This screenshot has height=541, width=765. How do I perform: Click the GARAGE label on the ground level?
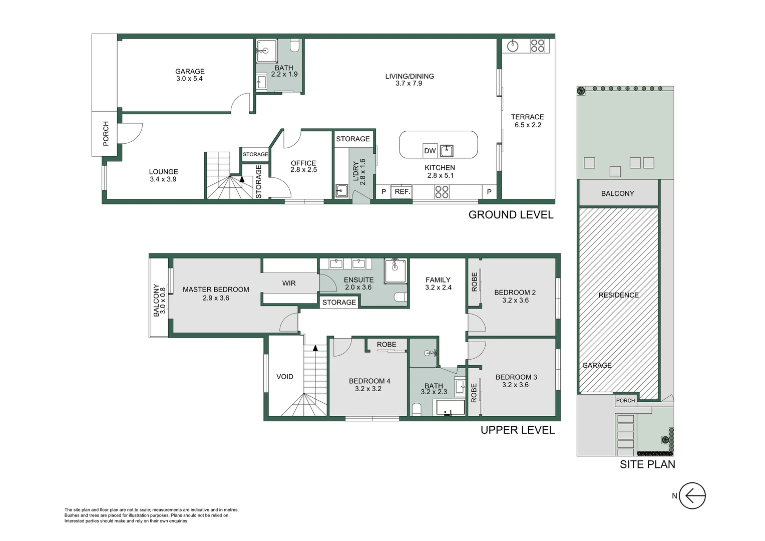[x=190, y=72]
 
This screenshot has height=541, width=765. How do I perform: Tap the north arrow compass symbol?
[x=692, y=496]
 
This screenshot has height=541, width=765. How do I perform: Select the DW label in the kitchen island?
[x=430, y=151]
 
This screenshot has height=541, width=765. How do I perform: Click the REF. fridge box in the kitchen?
[x=402, y=192]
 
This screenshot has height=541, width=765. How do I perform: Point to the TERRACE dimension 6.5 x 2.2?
[x=528, y=125]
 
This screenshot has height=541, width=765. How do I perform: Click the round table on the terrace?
[x=513, y=46]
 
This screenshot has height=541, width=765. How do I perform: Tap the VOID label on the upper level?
[x=285, y=377]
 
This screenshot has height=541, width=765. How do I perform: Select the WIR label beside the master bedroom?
[x=289, y=283]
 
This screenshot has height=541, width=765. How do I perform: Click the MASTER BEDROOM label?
[x=216, y=290]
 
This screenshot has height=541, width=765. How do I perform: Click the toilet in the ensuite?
[x=401, y=297]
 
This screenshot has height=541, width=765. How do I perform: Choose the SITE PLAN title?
[x=647, y=464]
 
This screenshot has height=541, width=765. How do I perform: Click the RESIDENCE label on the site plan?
[x=618, y=295]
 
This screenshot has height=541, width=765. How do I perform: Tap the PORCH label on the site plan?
[x=625, y=400]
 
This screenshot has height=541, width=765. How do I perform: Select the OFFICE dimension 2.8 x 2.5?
[x=303, y=170]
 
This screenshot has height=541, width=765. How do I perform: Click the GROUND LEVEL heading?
[x=511, y=215]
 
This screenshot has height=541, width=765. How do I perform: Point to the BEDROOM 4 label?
[x=369, y=381]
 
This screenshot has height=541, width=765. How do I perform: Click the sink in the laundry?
[x=342, y=191]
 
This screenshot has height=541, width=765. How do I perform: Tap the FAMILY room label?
[x=438, y=280]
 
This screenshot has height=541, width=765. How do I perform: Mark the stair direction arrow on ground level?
[x=242, y=178]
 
